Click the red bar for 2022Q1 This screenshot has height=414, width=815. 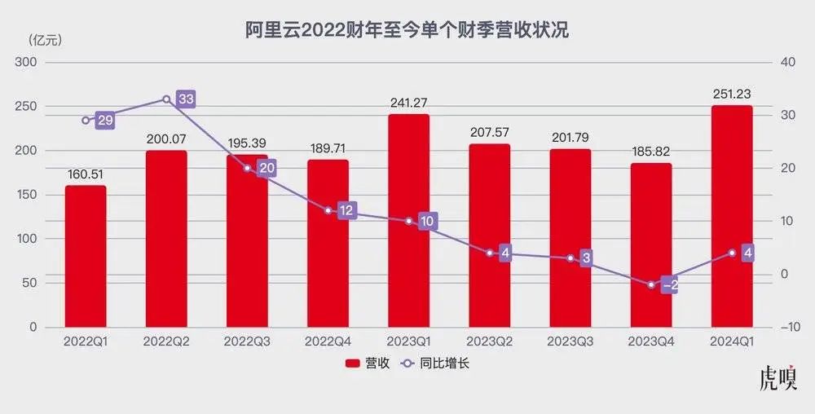tap(86, 256)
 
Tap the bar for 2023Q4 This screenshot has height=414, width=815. tap(650, 244)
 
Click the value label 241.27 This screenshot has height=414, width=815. tap(408, 103)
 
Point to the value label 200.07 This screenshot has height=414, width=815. tap(166, 139)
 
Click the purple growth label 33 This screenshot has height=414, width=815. tap(186, 99)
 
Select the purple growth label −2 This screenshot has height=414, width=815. tap(670, 285)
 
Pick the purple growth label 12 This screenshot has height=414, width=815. tap(347, 211)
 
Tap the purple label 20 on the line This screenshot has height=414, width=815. tap(267, 169)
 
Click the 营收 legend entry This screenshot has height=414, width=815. tap(367, 363)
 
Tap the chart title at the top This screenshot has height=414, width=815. tap(407, 31)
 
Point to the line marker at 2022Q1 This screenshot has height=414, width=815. tap(86, 121)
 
